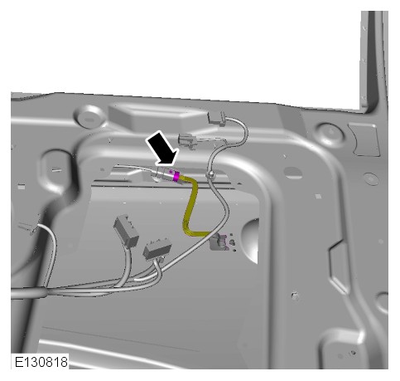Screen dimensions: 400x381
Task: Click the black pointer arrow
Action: [162, 149]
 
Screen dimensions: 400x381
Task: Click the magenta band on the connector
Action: [176, 176]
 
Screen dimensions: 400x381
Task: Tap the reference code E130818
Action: [41, 362]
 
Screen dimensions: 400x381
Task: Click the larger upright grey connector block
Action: [126, 231]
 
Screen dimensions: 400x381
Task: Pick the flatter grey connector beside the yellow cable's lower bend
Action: [157, 251]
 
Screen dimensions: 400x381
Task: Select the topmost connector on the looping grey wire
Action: [217, 119]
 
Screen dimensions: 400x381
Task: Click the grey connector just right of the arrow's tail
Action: [187, 139]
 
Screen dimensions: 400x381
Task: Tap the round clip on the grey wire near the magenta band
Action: [210, 175]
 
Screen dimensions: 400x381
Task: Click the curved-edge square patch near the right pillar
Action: [364, 139]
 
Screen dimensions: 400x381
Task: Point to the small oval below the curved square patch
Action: [371, 179]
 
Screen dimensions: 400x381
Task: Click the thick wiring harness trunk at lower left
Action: [27, 293]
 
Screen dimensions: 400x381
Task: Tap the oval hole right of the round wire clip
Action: [293, 173]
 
